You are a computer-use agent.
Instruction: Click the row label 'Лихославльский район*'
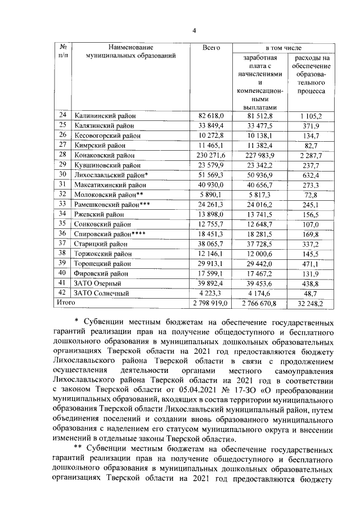pos(110,175)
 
